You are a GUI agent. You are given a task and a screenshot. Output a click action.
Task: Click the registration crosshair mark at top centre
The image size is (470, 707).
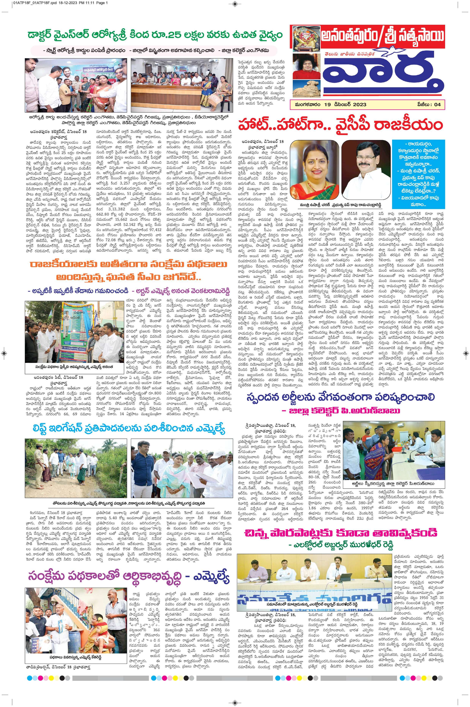click(x=235, y=4)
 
